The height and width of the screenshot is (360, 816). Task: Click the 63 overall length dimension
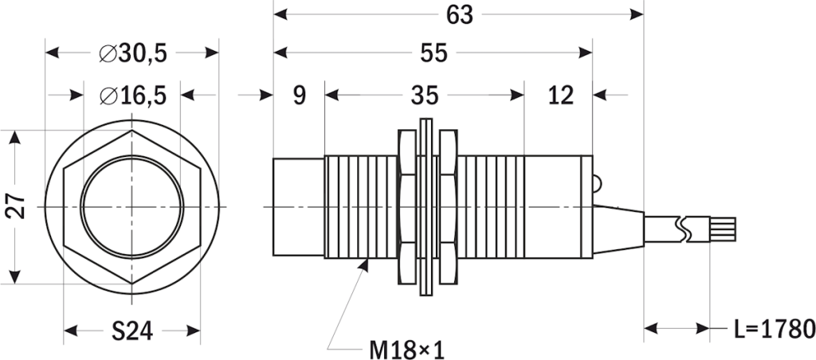(x=461, y=14)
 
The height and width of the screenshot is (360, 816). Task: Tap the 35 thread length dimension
(x=425, y=96)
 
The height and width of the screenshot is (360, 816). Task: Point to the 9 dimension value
(x=299, y=96)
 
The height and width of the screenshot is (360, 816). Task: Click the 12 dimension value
(x=560, y=96)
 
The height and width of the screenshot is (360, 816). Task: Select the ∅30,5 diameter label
(x=132, y=53)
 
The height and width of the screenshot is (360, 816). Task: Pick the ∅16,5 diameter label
(x=132, y=96)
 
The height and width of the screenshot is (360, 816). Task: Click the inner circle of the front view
(x=132, y=207)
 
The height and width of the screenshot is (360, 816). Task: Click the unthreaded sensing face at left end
(x=299, y=207)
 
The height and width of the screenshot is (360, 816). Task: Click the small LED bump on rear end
(x=597, y=182)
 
